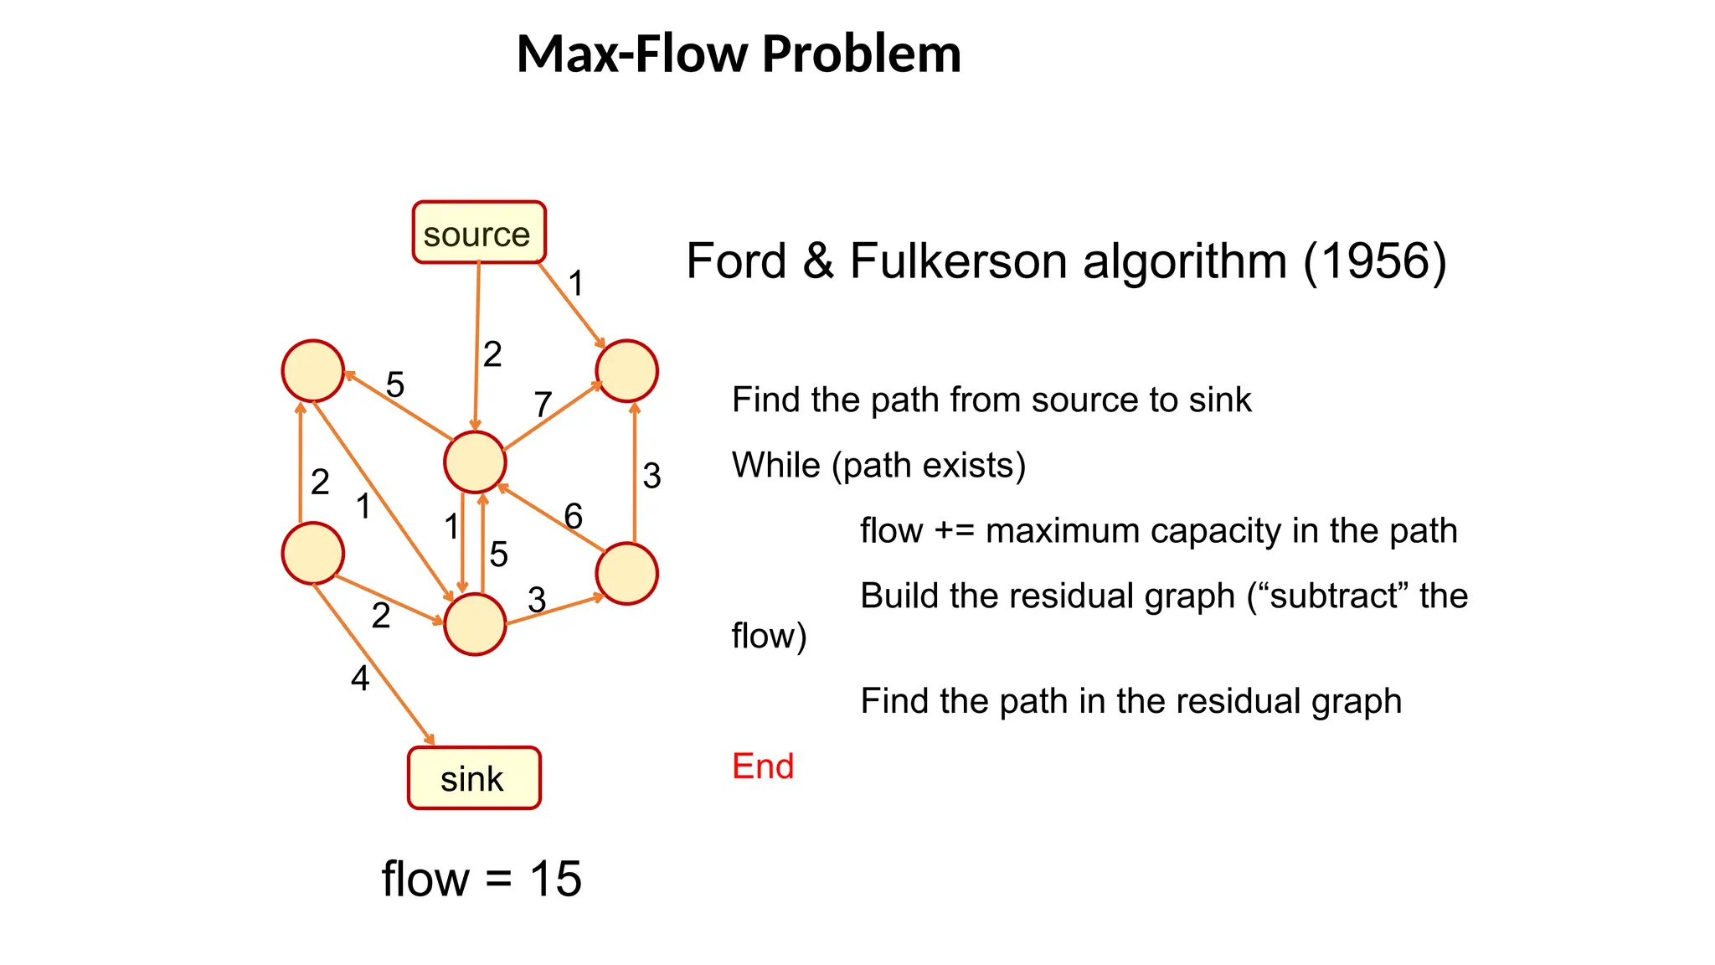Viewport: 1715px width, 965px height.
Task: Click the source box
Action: coord(478,233)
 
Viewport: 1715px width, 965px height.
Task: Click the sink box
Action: coord(474,778)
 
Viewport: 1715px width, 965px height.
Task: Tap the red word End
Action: coord(762,766)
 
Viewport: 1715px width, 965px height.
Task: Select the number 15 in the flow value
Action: coord(555,879)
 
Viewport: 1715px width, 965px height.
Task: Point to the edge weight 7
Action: coord(543,405)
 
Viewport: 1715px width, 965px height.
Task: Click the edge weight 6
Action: coord(573,516)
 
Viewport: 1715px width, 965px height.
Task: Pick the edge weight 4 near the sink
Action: coord(360,678)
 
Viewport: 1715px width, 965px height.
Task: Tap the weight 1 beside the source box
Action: coord(575,283)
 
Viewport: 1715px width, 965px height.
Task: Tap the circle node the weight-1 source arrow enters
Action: coord(626,370)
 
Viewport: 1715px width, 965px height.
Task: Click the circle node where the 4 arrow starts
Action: coord(313,554)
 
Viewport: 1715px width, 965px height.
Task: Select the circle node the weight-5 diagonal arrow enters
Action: coord(313,370)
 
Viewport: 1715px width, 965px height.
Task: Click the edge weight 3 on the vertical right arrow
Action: coord(651,476)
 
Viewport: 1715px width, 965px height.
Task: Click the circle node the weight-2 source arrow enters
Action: coord(475,462)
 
